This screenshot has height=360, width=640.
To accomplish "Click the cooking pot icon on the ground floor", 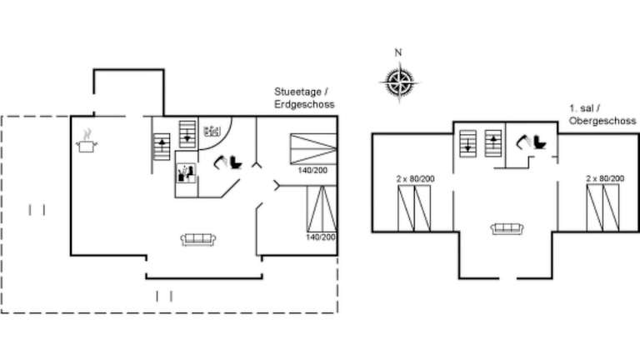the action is coord(87,142).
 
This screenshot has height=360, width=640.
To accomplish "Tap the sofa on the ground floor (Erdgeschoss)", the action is coord(198,239).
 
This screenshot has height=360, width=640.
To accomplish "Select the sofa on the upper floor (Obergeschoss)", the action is coord(507,228).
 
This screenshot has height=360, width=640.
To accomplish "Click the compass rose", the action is coord(400,82).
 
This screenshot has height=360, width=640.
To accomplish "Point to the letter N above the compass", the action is coord(398,52).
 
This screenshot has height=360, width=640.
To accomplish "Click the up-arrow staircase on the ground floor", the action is coord(162,147).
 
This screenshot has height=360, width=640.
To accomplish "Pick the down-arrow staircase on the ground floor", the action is coord(187,134).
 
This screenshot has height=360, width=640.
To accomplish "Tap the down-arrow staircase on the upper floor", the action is coord(467,143).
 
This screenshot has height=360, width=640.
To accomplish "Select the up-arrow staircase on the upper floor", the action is coord(493,143).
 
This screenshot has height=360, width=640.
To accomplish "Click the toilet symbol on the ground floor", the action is coord(228,162).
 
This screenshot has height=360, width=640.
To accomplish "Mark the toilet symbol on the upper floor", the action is coord(531,142).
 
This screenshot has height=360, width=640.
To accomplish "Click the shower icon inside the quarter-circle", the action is coord(212,132).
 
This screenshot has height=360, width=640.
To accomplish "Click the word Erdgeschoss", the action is coord(304,104).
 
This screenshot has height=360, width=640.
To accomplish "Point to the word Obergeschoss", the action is coord(602,121).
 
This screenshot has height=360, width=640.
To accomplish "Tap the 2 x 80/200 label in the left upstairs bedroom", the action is coord(415,179).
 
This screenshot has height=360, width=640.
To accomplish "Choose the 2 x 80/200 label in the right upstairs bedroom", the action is coord(605,178).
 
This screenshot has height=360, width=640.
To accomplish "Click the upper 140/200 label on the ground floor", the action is coord(312,170).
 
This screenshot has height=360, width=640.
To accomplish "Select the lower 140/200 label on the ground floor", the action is coord(321,237).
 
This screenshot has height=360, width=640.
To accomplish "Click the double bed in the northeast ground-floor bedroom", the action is coord(313,149).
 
